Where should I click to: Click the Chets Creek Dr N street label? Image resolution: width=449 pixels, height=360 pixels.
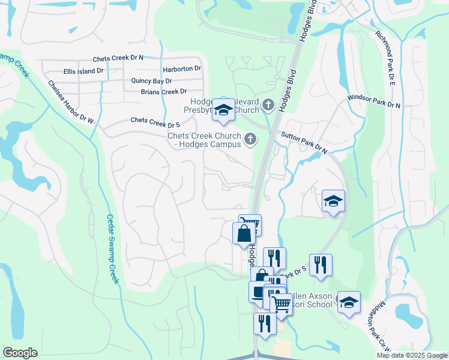[x=118, y=58]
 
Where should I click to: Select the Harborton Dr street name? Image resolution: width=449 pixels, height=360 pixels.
[x=181, y=68]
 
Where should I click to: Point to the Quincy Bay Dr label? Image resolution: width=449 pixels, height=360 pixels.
[x=151, y=80]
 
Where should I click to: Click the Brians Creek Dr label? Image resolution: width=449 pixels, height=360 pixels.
[x=164, y=92]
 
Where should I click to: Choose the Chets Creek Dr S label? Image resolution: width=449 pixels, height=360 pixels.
[x=155, y=122]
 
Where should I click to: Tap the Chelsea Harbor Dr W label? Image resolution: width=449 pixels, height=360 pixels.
[x=71, y=102]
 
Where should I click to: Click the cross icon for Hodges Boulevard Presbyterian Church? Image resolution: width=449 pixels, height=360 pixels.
[x=268, y=106]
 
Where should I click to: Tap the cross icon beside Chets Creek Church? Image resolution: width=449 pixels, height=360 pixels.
[x=250, y=140]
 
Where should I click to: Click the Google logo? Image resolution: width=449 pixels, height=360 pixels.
[x=20, y=353]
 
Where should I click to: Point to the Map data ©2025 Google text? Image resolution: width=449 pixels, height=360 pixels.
[x=412, y=355]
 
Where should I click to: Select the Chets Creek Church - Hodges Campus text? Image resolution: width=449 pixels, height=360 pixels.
[x=204, y=140]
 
